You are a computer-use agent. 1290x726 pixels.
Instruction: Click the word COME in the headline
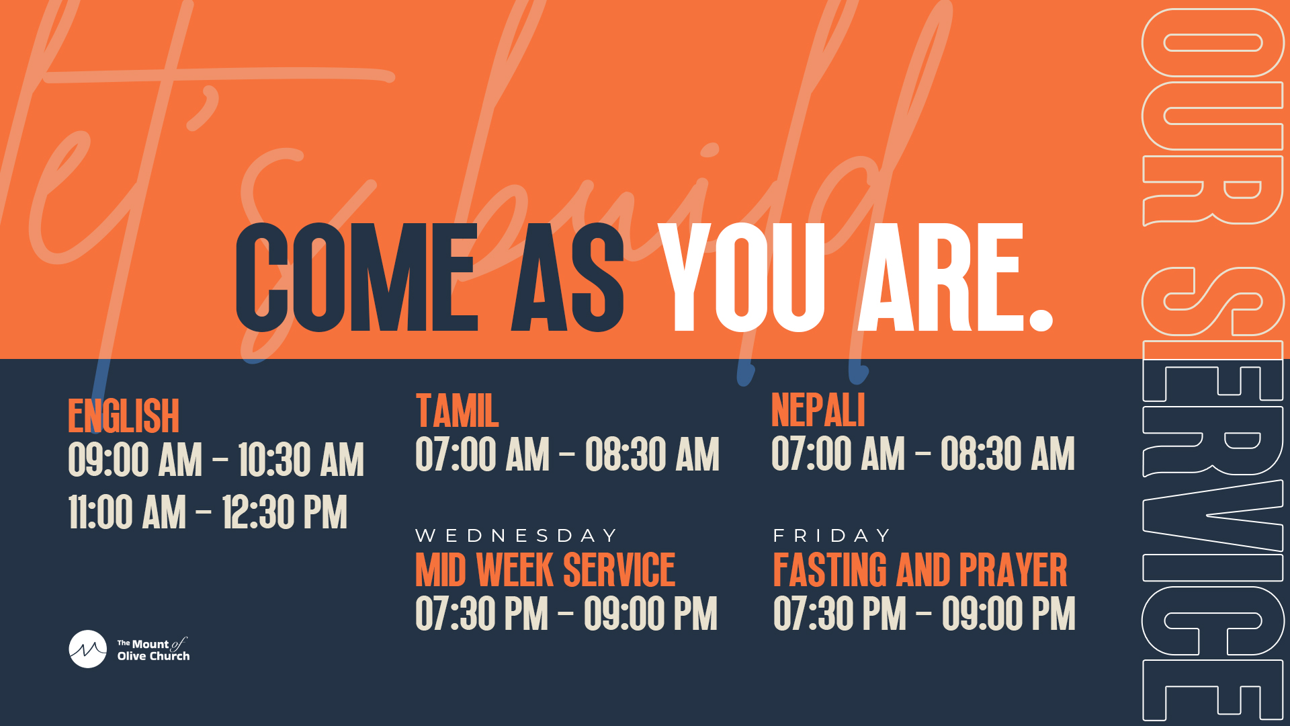[x=357, y=278]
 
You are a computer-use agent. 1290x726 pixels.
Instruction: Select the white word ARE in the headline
[x=941, y=278]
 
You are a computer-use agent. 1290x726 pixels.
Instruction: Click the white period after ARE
[x=1041, y=319]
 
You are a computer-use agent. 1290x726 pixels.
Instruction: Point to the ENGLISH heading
[x=124, y=416]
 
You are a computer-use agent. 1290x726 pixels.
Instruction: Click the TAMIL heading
[x=457, y=410]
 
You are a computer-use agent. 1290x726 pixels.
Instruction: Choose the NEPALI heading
[x=818, y=410]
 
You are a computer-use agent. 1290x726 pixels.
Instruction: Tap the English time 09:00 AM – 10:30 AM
[x=216, y=460]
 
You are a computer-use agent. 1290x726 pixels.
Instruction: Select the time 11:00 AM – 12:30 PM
[x=208, y=512]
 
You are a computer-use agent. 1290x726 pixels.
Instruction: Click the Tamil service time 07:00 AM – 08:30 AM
[x=567, y=454]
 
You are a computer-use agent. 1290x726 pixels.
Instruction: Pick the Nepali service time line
[x=923, y=454]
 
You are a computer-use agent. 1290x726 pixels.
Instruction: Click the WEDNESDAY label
[x=516, y=536]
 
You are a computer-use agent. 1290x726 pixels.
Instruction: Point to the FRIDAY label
[x=832, y=536]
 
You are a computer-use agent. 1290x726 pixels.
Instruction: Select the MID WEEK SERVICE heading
[x=545, y=570]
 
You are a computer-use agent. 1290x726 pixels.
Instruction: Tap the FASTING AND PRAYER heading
[x=920, y=570]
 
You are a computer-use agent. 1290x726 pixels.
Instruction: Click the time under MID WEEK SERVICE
[x=566, y=614]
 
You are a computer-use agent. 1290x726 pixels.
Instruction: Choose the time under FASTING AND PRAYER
[x=924, y=614]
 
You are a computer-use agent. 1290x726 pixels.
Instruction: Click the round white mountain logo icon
[x=88, y=649]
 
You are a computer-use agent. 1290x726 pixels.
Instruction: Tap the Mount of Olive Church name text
[x=153, y=650]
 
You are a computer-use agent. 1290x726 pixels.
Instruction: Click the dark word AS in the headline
[x=568, y=278]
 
